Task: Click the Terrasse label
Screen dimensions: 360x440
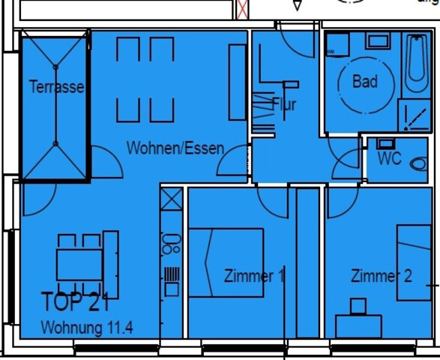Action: pyautogui.click(x=56, y=87)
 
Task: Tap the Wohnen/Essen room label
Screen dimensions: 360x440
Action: pyautogui.click(x=175, y=147)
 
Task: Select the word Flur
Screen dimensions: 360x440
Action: pyautogui.click(x=284, y=104)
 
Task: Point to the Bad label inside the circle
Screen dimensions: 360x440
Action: pyautogui.click(x=364, y=81)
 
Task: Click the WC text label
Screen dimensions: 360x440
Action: pyautogui.click(x=389, y=158)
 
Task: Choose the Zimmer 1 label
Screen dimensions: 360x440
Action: pyautogui.click(x=254, y=276)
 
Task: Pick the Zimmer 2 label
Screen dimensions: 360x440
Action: pyautogui.click(x=382, y=276)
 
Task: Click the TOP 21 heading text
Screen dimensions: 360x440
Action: pyautogui.click(x=76, y=303)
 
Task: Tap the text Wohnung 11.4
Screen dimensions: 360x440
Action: pyautogui.click(x=88, y=328)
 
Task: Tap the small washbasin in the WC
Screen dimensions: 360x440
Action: pyautogui.click(x=387, y=142)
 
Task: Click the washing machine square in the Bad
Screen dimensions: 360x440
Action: pyautogui.click(x=335, y=44)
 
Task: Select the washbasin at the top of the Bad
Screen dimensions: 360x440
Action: pyautogui.click(x=364, y=37)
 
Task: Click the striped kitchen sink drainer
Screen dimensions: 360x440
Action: pyautogui.click(x=172, y=271)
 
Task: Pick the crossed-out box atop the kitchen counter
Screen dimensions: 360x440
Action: pyautogui.click(x=172, y=199)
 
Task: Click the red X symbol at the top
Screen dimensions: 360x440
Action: pyautogui.click(x=242, y=9)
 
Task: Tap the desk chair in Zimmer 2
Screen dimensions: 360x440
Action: pyautogui.click(x=358, y=306)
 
